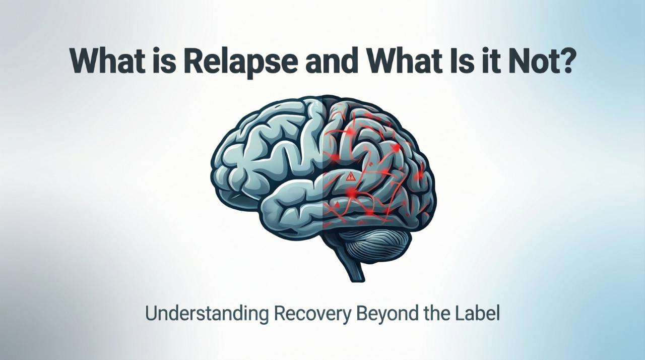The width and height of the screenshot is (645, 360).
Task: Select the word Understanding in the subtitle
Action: pos(206,314)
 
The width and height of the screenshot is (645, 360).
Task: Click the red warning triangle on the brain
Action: pos(351,176)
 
